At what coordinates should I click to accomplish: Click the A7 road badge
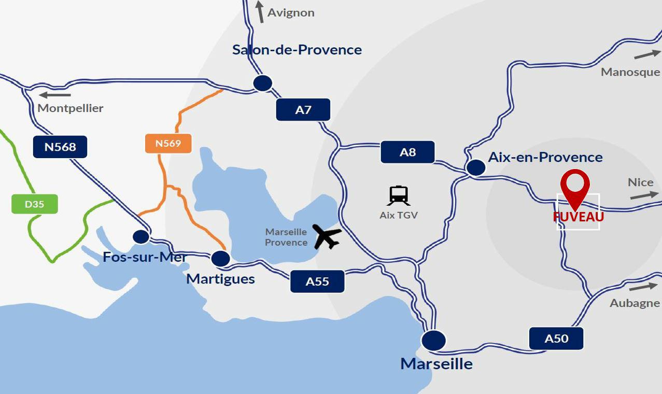[303, 110]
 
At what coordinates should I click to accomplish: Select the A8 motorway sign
[407, 152]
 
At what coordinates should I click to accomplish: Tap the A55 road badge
[317, 282]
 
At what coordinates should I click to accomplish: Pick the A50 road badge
[556, 339]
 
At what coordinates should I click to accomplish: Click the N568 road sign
[60, 147]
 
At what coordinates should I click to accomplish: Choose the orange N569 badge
[168, 143]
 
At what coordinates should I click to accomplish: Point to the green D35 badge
[34, 204]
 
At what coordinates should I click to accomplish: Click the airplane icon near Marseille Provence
[327, 236]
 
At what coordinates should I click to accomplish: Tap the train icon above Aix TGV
[398, 195]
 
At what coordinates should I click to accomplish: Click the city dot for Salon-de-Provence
[263, 83]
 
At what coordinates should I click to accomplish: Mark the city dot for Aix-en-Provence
[476, 167]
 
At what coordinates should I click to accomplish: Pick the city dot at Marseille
[433, 341]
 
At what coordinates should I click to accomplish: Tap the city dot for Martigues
[221, 258]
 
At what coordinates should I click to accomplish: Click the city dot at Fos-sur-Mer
[141, 237]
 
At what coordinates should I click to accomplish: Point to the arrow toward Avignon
[260, 11]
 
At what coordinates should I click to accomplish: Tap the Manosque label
[630, 72]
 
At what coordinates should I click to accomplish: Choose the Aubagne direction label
[635, 303]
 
